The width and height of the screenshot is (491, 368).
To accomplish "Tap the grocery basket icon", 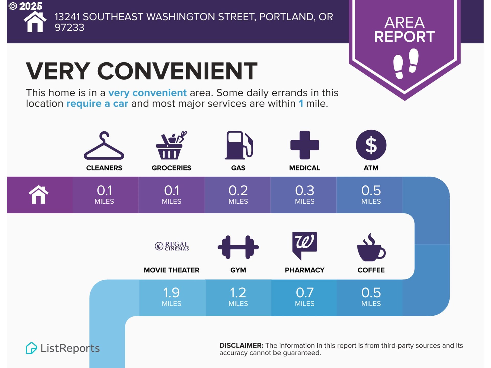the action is click(x=171, y=145).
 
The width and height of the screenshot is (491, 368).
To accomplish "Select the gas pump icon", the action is click(x=239, y=145).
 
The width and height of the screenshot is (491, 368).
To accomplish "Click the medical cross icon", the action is click(x=305, y=145).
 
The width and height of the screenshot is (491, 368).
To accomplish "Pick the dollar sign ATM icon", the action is click(x=371, y=145).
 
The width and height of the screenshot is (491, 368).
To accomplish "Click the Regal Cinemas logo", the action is click(x=172, y=246).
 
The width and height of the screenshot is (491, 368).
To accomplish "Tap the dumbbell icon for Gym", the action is click(x=238, y=247).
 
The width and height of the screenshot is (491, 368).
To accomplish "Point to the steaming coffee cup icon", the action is click(x=371, y=247).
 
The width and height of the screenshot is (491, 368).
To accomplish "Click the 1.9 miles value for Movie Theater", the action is click(x=171, y=296).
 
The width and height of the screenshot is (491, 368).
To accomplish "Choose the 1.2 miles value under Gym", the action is click(x=238, y=296).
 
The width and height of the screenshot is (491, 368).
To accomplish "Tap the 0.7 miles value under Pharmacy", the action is click(x=305, y=296).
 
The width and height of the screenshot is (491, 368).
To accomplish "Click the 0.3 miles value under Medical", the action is click(x=305, y=194).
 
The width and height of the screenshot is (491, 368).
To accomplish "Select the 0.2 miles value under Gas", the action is click(x=238, y=194).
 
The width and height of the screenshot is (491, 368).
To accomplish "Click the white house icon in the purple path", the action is click(x=39, y=195).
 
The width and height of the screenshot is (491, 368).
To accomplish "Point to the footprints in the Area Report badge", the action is click(x=406, y=63).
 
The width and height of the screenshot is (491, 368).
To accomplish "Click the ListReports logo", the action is click(x=63, y=348).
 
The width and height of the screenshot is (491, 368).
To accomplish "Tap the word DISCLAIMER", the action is click(x=241, y=346).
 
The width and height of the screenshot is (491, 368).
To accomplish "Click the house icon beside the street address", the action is click(x=35, y=22).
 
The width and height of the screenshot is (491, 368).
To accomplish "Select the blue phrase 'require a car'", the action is click(x=97, y=103).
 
